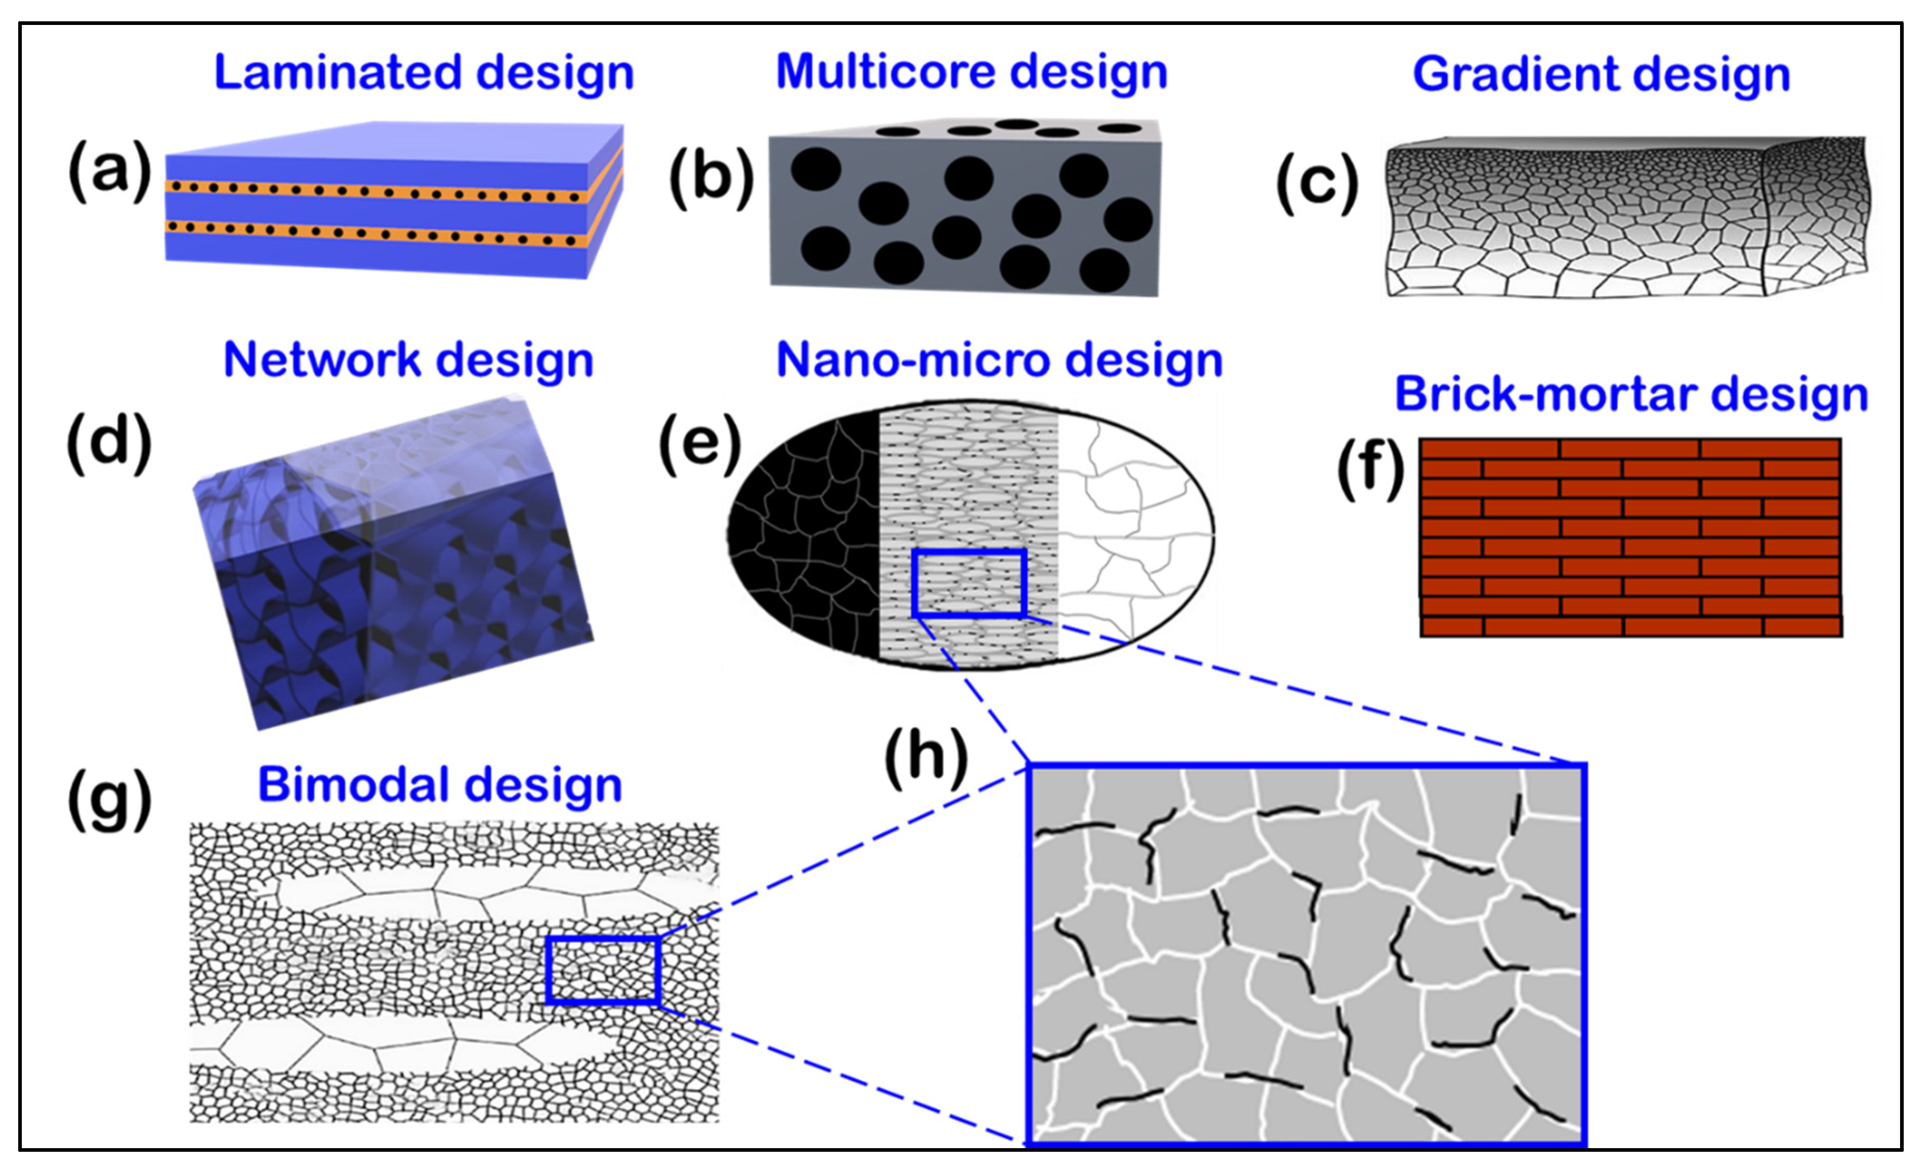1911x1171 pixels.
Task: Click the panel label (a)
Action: [109, 170]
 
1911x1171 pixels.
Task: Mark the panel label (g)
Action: [109, 800]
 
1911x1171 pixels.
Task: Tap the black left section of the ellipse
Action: [807, 535]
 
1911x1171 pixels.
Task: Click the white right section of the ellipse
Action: [1132, 535]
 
